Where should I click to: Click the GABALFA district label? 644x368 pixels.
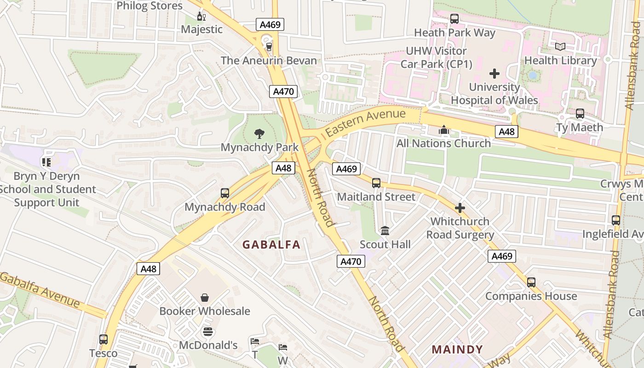click(x=271, y=245)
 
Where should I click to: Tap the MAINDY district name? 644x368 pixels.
click(x=457, y=349)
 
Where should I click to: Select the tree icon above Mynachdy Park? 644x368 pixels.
click(x=259, y=134)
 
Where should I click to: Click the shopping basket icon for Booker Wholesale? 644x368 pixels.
click(x=205, y=298)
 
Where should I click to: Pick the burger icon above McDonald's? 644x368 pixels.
click(x=208, y=332)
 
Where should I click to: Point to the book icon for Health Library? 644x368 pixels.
click(x=560, y=46)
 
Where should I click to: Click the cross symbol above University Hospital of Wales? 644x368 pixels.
click(x=494, y=74)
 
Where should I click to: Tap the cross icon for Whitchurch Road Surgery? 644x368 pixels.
click(x=460, y=208)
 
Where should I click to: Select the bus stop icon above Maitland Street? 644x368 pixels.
click(x=376, y=183)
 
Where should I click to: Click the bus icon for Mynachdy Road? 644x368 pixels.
click(x=225, y=193)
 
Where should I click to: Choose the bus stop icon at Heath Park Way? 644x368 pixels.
click(x=454, y=19)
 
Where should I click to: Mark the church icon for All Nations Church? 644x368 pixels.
click(x=444, y=130)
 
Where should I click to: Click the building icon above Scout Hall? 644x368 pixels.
click(x=385, y=230)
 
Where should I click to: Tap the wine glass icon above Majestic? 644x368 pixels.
click(x=201, y=17)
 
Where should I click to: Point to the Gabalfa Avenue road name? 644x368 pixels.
click(x=40, y=290)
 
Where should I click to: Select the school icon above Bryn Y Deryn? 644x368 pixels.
click(x=46, y=162)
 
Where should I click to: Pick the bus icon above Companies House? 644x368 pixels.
click(x=531, y=282)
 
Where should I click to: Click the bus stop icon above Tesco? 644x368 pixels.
click(x=103, y=339)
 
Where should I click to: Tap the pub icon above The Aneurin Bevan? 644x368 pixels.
click(x=269, y=46)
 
